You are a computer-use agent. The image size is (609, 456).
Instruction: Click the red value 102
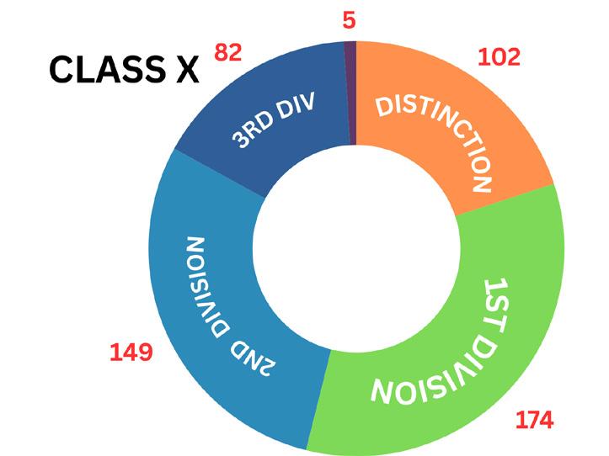(x=499, y=57)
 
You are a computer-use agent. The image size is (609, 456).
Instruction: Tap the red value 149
(x=131, y=352)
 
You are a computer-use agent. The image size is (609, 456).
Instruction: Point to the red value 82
(x=228, y=52)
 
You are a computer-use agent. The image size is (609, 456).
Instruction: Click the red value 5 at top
(x=350, y=19)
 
